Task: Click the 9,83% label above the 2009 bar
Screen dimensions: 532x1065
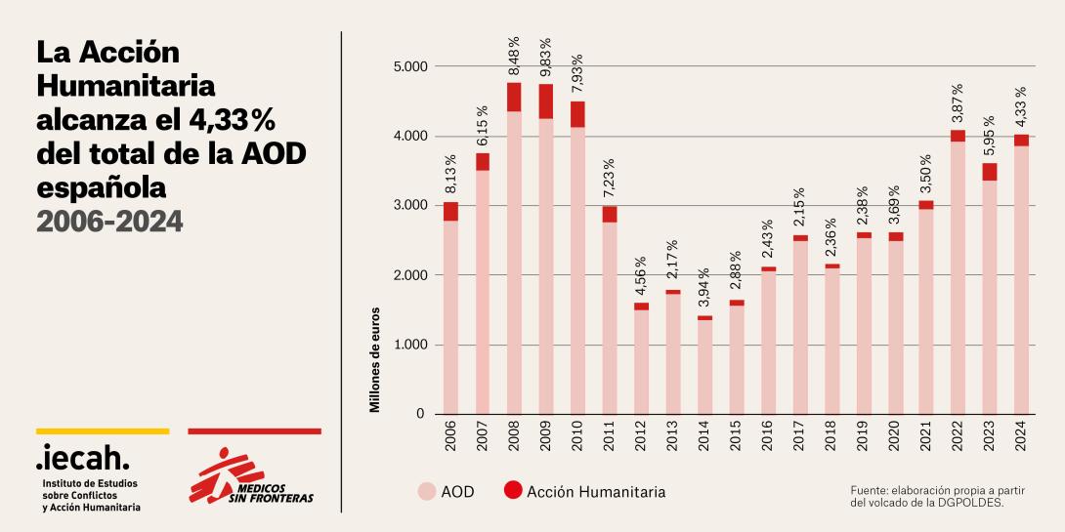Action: pos(545,58)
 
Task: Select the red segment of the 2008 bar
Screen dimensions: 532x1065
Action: pos(514,97)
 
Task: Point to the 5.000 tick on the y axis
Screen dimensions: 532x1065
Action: pos(407,66)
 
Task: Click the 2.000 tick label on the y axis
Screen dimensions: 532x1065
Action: pos(407,275)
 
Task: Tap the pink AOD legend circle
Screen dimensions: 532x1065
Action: pos(426,492)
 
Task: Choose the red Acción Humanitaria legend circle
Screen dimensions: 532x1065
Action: pos(513,492)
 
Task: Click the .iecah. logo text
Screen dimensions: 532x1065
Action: pos(82,457)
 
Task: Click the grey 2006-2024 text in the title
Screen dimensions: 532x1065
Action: pos(109,222)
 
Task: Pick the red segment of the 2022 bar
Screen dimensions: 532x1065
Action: pos(958,136)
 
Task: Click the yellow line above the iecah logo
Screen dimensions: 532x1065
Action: pos(103,430)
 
